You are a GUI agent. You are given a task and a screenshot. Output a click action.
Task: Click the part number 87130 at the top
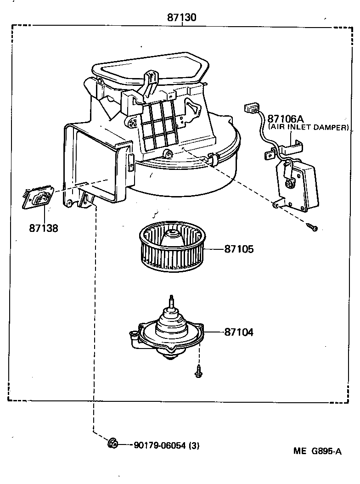pyautogui.click(x=182, y=18)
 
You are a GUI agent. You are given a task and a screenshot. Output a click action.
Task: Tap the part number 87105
pyautogui.click(x=239, y=249)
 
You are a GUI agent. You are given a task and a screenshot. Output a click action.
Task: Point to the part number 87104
pyautogui.click(x=239, y=332)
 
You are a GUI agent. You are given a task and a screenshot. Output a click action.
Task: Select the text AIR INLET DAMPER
pyautogui.click(x=309, y=127)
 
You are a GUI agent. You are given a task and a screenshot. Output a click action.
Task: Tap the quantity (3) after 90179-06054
pyautogui.click(x=194, y=445)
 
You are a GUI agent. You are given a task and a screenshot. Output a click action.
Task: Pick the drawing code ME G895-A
pyautogui.click(x=317, y=450)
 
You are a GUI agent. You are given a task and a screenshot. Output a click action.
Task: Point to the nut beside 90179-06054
pyautogui.click(x=112, y=444)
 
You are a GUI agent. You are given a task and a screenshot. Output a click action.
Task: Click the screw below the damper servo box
pyautogui.click(x=314, y=227)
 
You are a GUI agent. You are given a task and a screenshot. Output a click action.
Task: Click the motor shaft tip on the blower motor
pyautogui.click(x=172, y=299)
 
